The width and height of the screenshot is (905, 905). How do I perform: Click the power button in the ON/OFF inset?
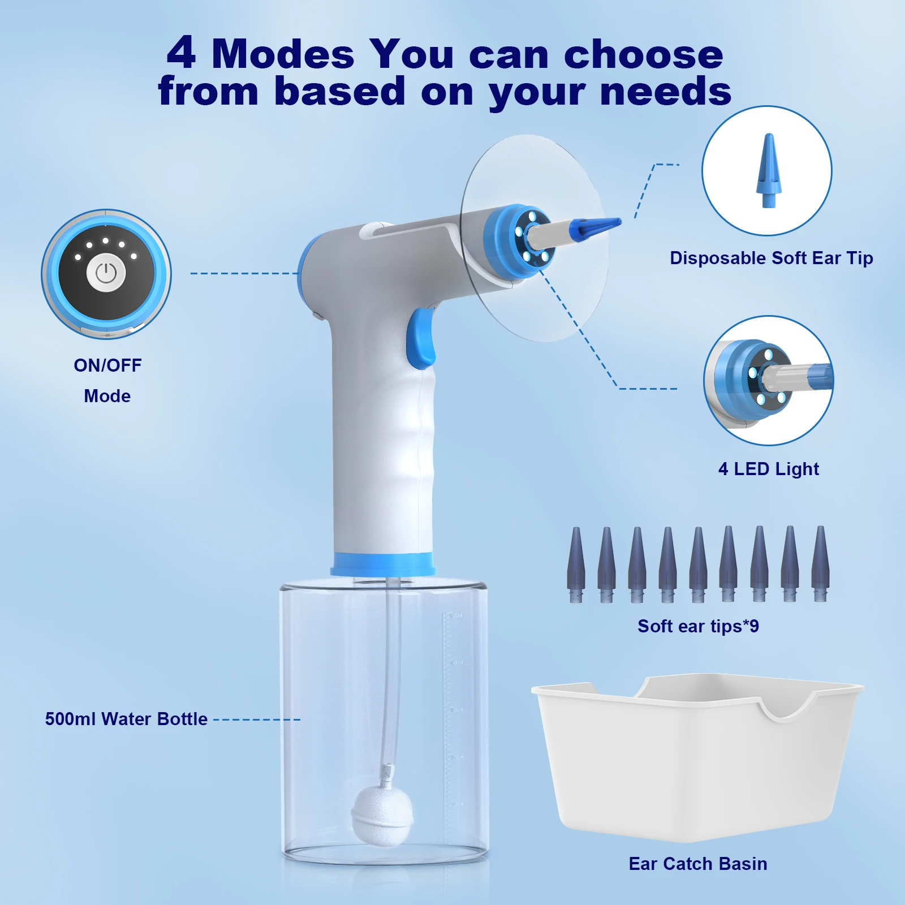(106, 274)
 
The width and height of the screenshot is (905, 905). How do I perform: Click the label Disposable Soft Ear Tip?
(771, 258)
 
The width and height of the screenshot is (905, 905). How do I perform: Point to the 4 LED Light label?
(768, 469)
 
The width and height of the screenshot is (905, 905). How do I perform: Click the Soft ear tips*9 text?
(698, 626)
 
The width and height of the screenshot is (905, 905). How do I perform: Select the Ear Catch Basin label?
(698, 864)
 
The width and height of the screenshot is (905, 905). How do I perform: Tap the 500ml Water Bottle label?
(126, 719)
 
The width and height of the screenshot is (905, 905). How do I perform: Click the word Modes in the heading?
(283, 55)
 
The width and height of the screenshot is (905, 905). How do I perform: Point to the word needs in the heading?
(666, 92)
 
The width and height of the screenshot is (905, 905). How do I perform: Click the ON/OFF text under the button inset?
(107, 365)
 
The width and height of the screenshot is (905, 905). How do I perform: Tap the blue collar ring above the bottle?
(383, 564)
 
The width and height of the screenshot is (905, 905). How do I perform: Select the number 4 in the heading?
(182, 54)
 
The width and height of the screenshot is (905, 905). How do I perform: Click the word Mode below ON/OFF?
(107, 396)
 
